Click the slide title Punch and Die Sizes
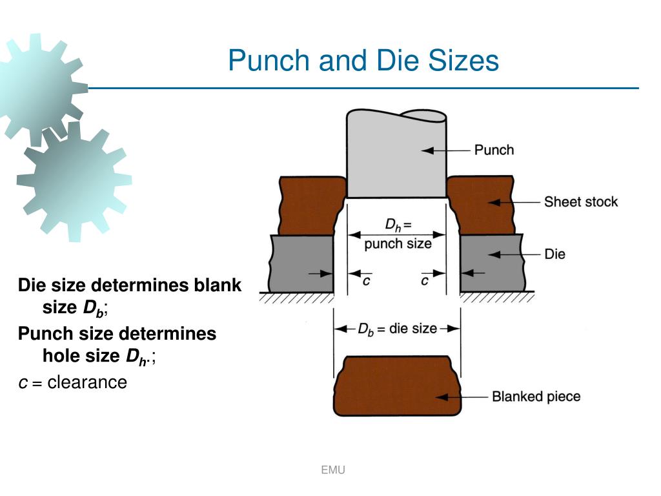[363, 61]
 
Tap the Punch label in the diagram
[494, 150]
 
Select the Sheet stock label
[580, 202]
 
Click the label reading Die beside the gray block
[554, 254]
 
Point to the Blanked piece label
[536, 396]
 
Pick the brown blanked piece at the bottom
[397, 386]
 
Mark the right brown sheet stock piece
[481, 203]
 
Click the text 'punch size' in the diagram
[398, 244]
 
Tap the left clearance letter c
[365, 281]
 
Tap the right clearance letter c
[425, 281]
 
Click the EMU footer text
[333, 470]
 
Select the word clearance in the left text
[87, 382]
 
